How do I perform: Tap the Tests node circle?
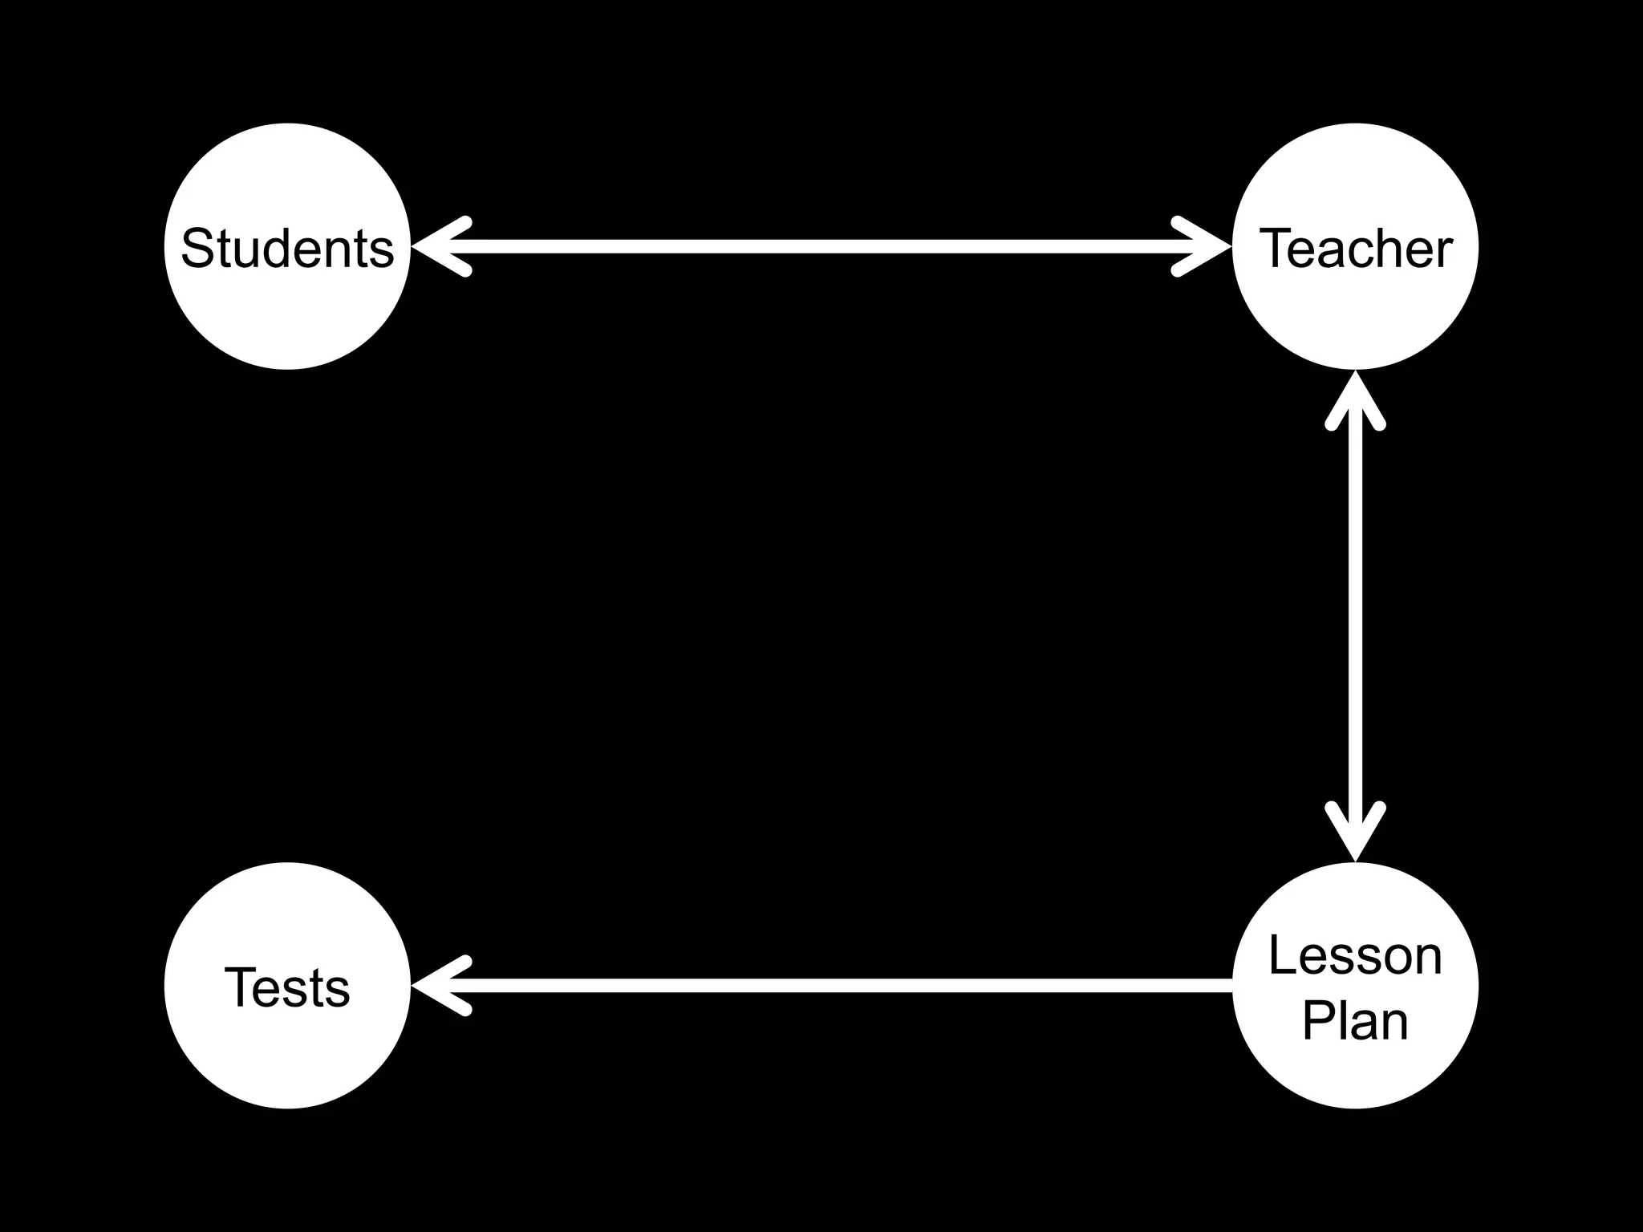pos(287,1051)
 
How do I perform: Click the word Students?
pos(287,248)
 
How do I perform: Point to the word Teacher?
pos(1355,248)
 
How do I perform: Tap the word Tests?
pos(287,987)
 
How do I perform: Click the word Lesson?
pos(1355,955)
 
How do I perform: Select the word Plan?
pos(1355,1020)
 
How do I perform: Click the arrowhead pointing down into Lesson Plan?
pos(1355,834)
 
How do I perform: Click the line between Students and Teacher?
pos(818,247)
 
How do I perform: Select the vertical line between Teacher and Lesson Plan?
pos(1355,618)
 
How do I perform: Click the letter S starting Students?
pos(197,248)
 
